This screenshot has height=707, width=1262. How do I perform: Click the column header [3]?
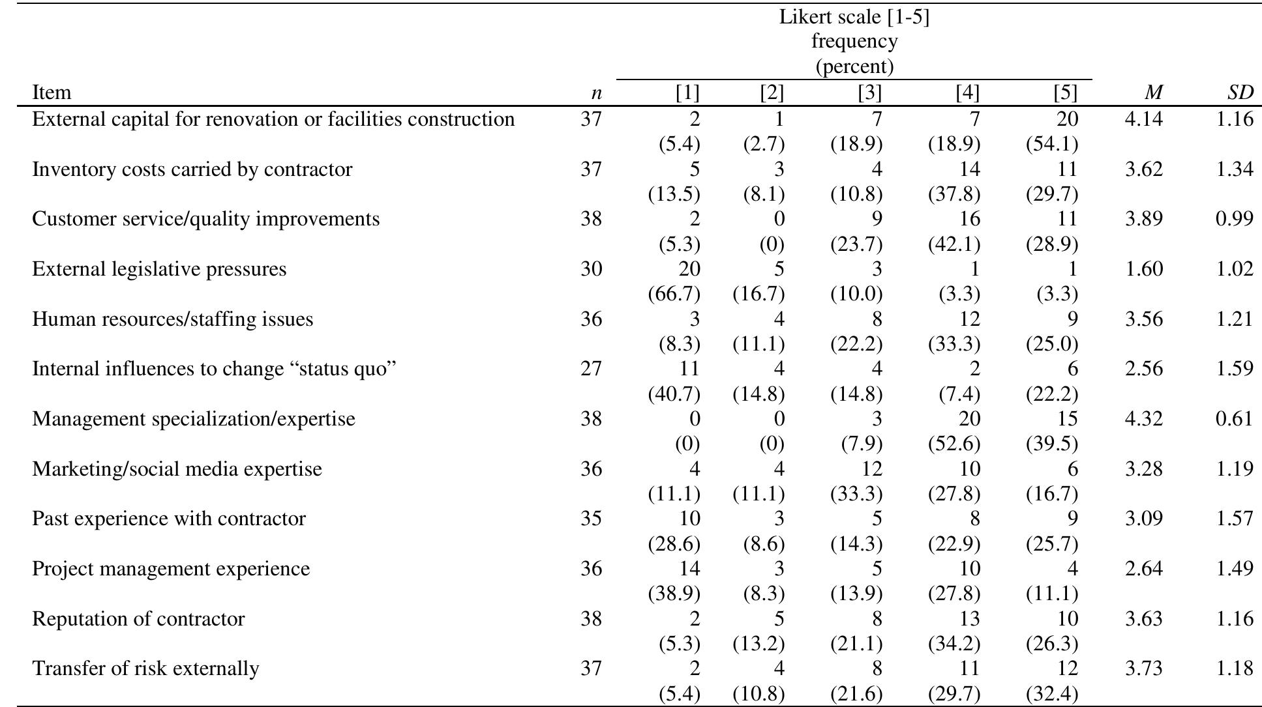coord(869,93)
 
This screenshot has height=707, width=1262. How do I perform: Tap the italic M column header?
coord(1154,93)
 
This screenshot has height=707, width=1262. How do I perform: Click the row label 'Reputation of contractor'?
coord(138,618)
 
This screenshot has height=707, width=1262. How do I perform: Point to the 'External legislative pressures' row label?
coord(159,269)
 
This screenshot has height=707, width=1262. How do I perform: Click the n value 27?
coord(591,369)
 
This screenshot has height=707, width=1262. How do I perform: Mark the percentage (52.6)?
coord(954,444)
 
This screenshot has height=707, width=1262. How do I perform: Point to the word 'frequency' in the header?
coord(854,42)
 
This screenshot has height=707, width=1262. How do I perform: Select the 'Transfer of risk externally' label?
coord(145,669)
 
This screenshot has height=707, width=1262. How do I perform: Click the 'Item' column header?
coord(52,93)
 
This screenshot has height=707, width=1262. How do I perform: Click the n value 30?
coord(591,269)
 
